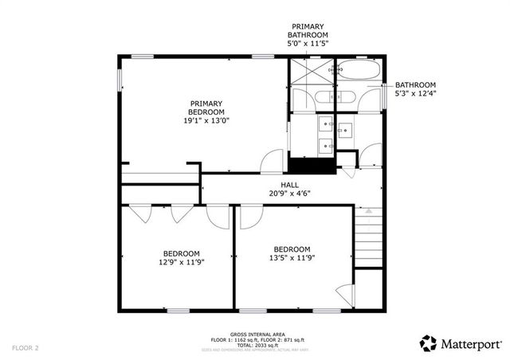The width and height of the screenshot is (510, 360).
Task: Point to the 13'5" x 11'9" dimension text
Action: [291, 258]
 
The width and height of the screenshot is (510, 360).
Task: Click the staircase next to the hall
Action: [368, 239]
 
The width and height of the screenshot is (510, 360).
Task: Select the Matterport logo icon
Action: [429, 342]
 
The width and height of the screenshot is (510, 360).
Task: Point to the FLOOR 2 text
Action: [25, 348]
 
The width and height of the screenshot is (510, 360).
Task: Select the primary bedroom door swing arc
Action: [272, 160]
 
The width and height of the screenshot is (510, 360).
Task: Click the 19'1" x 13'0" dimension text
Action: [206, 120]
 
